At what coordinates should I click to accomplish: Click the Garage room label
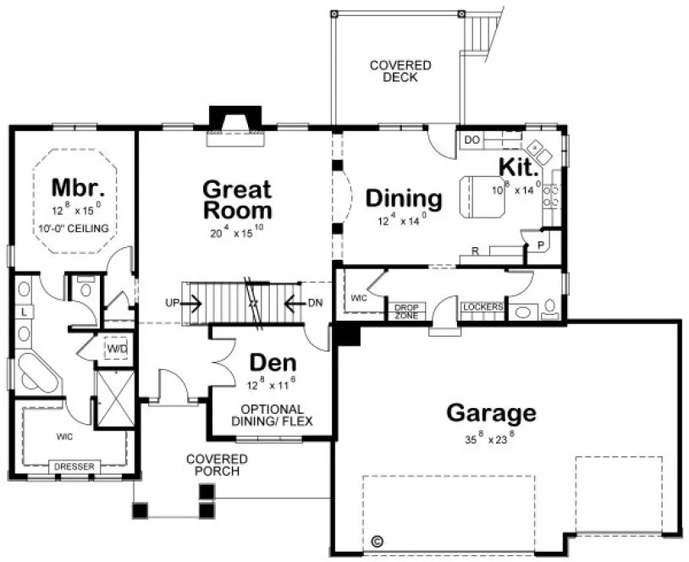tap(491, 413)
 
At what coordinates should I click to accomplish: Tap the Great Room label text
tap(236, 200)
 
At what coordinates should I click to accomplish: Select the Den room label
tap(271, 363)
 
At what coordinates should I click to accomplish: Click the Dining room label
tap(403, 199)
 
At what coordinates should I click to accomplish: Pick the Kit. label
tap(518, 166)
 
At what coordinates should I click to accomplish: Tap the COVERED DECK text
tap(400, 71)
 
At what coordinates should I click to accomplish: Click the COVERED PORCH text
tap(218, 465)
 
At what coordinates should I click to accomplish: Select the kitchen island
tap(481, 196)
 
